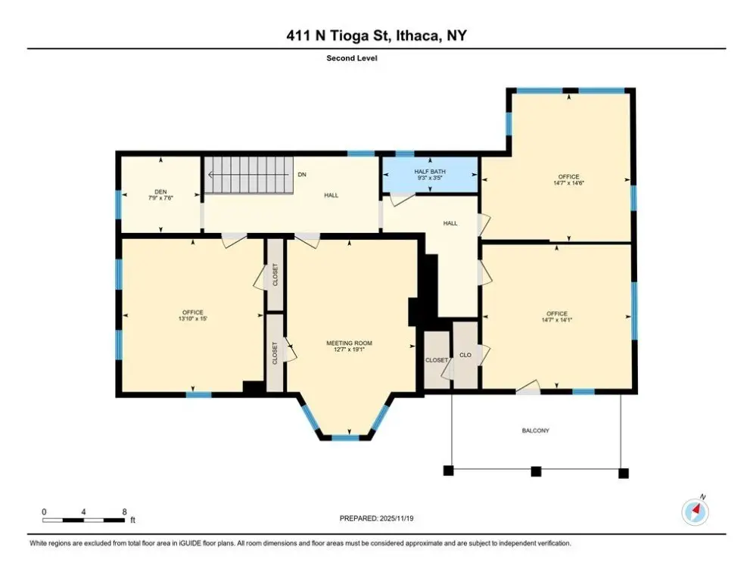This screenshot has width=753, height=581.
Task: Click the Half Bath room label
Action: (x=430, y=172)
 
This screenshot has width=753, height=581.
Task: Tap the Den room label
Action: (x=160, y=191)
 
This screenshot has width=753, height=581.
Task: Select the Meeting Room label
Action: (x=349, y=343)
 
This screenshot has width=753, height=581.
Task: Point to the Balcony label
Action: (x=536, y=430)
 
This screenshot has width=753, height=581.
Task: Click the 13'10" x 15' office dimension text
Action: (x=192, y=318)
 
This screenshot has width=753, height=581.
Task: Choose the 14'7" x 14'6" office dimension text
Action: (x=568, y=183)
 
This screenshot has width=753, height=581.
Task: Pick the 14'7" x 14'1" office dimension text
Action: (x=556, y=320)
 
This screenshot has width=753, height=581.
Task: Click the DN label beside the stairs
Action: (x=302, y=174)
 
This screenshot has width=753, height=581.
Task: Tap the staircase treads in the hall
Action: (x=249, y=174)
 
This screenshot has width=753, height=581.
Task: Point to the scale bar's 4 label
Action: (x=83, y=512)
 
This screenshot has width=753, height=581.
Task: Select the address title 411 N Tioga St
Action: (x=336, y=36)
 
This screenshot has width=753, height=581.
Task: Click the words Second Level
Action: (x=352, y=58)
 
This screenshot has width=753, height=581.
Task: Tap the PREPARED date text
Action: (x=376, y=518)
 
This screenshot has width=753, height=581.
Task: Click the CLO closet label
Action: (x=465, y=355)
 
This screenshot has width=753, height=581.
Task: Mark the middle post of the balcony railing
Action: (x=536, y=471)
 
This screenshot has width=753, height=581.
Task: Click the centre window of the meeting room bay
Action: (x=346, y=437)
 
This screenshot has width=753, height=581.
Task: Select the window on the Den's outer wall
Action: (x=118, y=204)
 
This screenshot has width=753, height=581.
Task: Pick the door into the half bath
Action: (x=401, y=199)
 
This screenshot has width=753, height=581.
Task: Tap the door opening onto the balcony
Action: (x=528, y=387)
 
